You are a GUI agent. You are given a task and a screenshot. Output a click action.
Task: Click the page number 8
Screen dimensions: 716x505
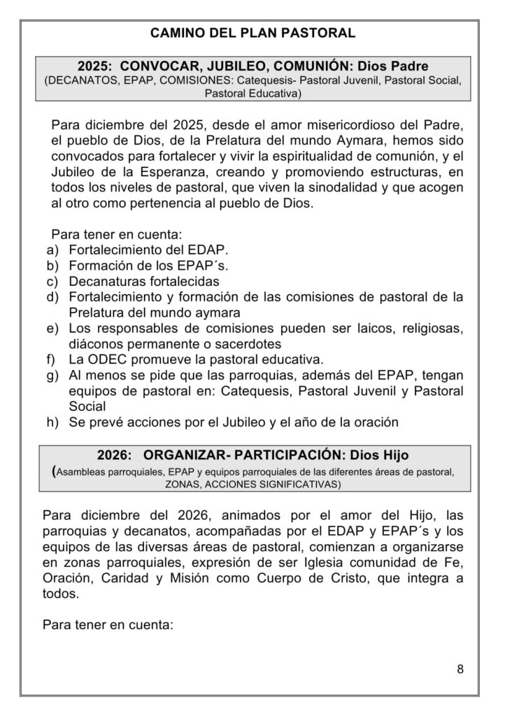460,668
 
